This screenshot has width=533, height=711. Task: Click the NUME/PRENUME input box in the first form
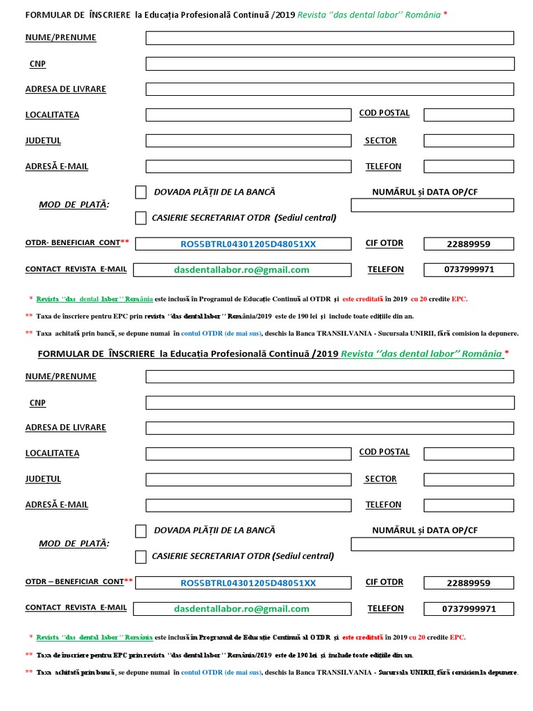330,38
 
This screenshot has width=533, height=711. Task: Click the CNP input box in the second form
330,403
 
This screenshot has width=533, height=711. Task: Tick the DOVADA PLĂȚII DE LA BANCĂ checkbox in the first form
141,192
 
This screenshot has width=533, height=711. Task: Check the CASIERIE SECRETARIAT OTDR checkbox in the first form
141,218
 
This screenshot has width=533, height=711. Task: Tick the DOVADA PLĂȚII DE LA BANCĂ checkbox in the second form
141,531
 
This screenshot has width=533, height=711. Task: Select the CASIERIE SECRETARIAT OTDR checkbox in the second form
141,557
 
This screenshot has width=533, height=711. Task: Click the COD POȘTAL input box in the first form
468,115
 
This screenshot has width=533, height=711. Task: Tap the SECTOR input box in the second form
468,480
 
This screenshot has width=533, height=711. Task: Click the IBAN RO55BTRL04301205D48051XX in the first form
248,244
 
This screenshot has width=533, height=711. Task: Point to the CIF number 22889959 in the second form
468,583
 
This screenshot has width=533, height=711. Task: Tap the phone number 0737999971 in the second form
468,609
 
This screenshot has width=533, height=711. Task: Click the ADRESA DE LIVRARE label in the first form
65,90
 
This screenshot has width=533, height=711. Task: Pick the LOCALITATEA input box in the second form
248,454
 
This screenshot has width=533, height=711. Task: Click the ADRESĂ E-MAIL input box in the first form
248,167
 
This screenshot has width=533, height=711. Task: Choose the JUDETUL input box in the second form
248,480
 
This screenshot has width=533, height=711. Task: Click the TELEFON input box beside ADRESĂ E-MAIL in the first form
468,167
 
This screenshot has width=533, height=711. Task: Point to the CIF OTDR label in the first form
384,243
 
